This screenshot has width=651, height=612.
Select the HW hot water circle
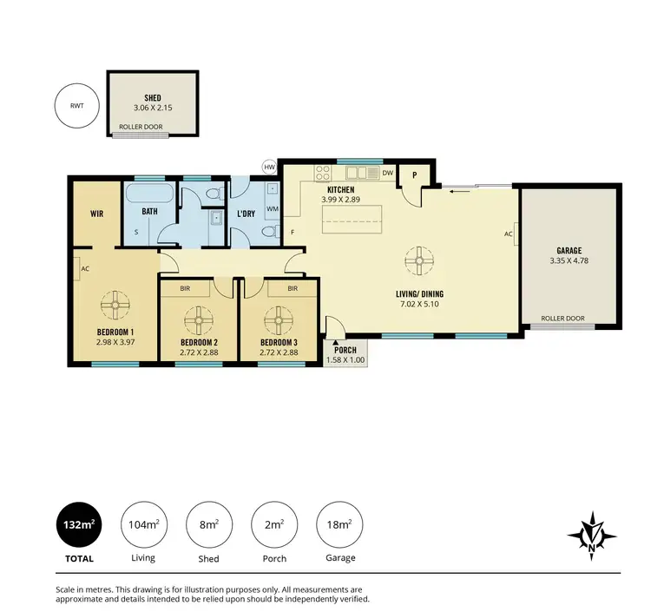pos(269,167)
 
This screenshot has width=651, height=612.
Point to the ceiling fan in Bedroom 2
pos(199,320)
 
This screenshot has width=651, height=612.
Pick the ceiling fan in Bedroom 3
pos(279,320)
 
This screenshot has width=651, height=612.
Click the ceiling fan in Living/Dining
pos(419,260)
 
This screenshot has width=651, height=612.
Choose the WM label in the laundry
pos(271,209)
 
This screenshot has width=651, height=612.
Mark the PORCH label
pos(345,349)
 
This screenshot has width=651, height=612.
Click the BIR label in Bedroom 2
pos(185,287)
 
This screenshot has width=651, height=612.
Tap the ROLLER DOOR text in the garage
pos(562,319)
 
